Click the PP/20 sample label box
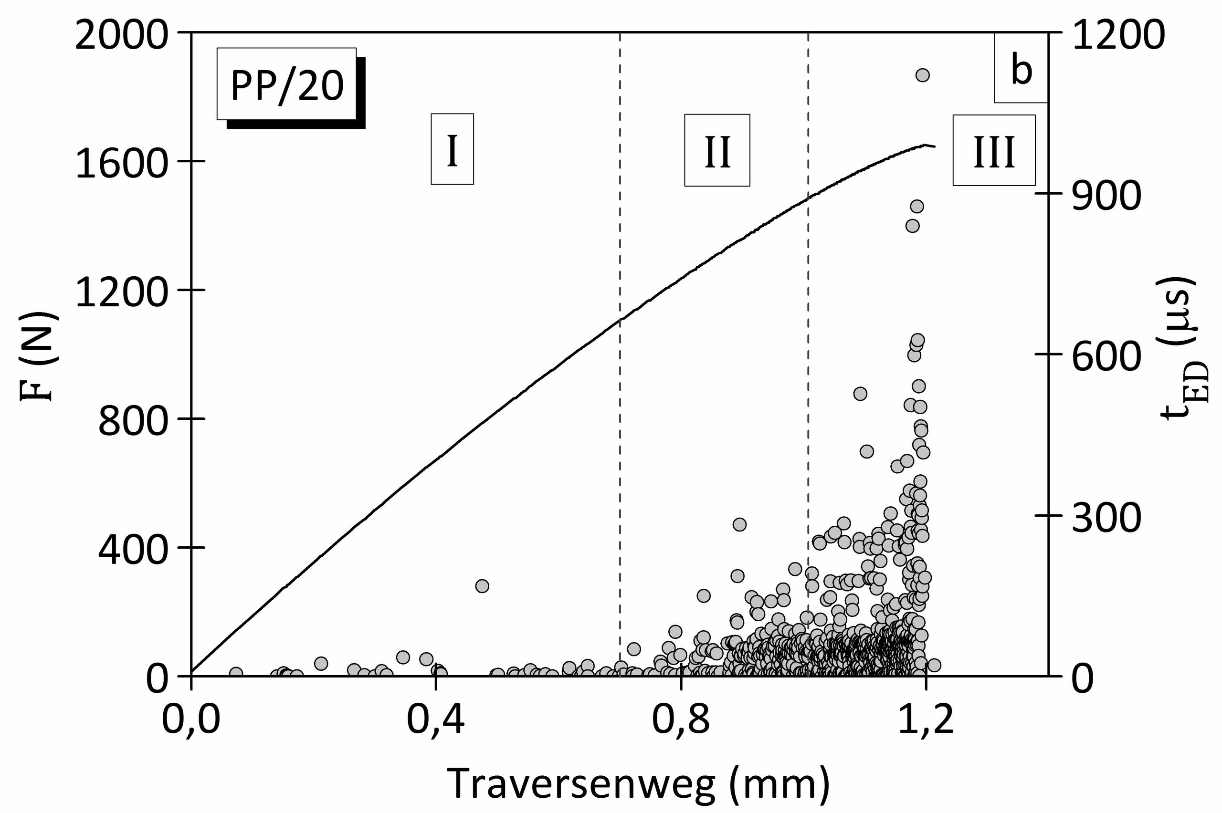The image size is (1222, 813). tap(287, 84)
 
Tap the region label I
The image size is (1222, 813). tap(452, 149)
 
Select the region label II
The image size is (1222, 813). tap(717, 150)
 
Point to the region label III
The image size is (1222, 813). tap(994, 150)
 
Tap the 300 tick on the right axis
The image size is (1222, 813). tap(1106, 518)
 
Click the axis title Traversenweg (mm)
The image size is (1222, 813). tap(640, 782)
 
